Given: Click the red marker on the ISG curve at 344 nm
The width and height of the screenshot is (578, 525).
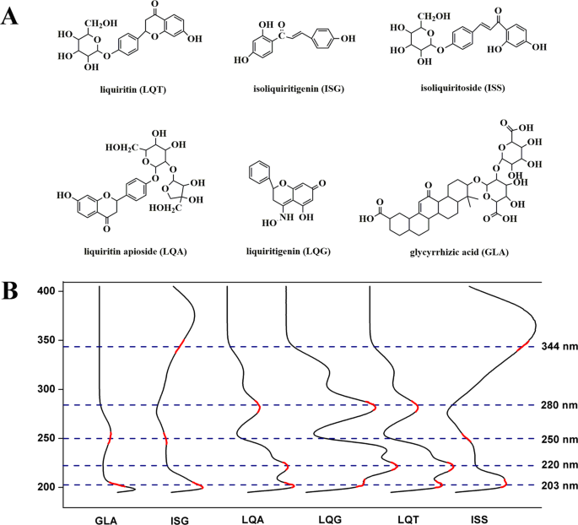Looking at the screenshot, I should pos(181,346).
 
